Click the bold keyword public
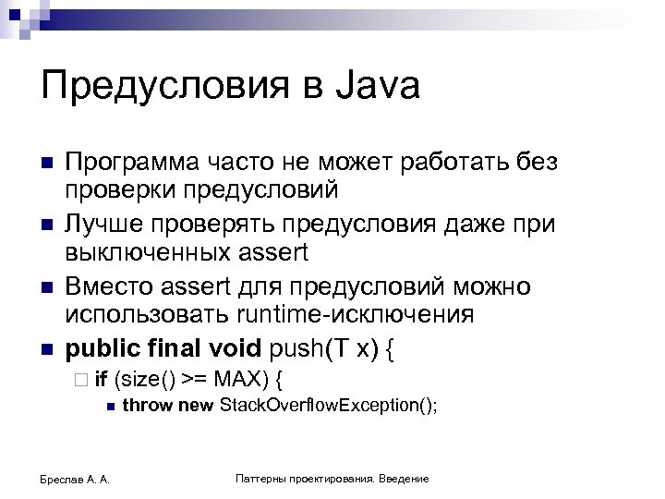(101, 349)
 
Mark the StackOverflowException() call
(326, 405)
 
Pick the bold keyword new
(194, 405)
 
